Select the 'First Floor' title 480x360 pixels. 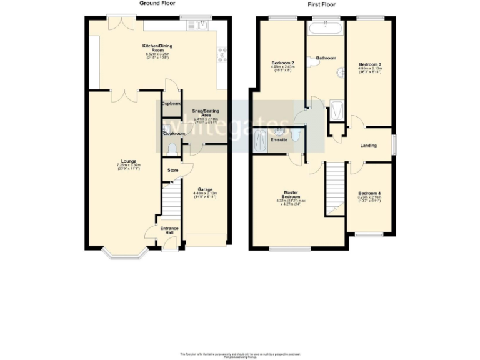point(322,4)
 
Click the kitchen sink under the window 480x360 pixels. point(201,26)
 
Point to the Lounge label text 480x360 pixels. point(129,161)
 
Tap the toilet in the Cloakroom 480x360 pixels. point(172,148)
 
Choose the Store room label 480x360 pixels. point(172,169)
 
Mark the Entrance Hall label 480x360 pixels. point(169,231)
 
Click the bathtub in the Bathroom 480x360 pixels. point(326,27)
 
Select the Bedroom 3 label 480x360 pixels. point(369,64)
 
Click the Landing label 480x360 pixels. point(368,146)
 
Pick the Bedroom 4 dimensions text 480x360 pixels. point(369,199)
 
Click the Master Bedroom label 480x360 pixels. point(290,194)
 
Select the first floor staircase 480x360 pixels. point(336,187)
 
